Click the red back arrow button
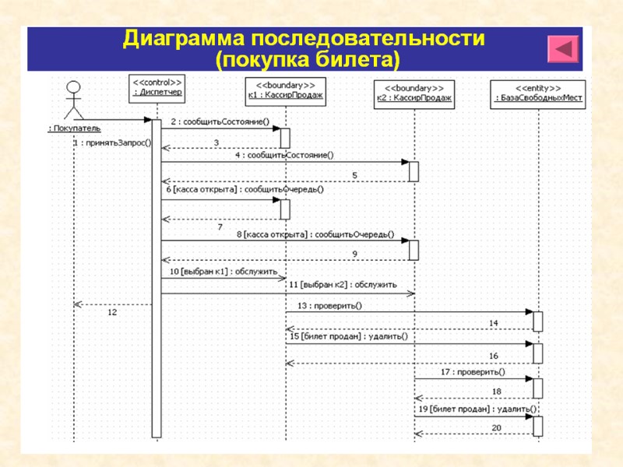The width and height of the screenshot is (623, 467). pyautogui.click(x=564, y=50)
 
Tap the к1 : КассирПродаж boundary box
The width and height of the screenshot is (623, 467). pyautogui.click(x=285, y=92)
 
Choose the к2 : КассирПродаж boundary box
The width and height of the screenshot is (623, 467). pyautogui.click(x=414, y=93)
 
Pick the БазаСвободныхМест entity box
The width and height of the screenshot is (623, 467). pyautogui.click(x=539, y=93)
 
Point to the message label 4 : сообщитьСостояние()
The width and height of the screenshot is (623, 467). pyautogui.click(x=284, y=154)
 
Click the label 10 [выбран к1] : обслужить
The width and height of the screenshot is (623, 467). pyautogui.click(x=224, y=272)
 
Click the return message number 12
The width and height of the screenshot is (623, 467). pyautogui.click(x=112, y=312)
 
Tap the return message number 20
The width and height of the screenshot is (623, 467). pyautogui.click(x=496, y=428)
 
